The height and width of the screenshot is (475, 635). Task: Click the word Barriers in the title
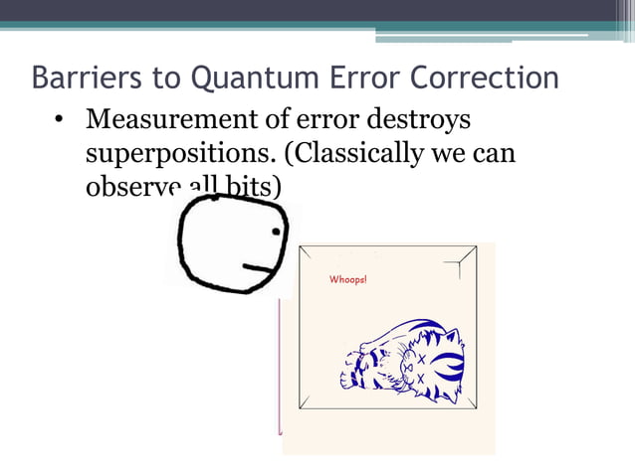78,77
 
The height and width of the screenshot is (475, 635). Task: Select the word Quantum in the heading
236,77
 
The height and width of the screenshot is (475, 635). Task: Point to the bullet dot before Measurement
60,122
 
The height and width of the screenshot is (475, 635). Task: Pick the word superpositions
165,155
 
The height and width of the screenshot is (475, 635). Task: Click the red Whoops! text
348,280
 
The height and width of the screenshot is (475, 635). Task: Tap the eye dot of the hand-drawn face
276,231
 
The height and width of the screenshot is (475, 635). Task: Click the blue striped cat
403,363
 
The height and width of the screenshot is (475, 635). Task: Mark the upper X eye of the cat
421,359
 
